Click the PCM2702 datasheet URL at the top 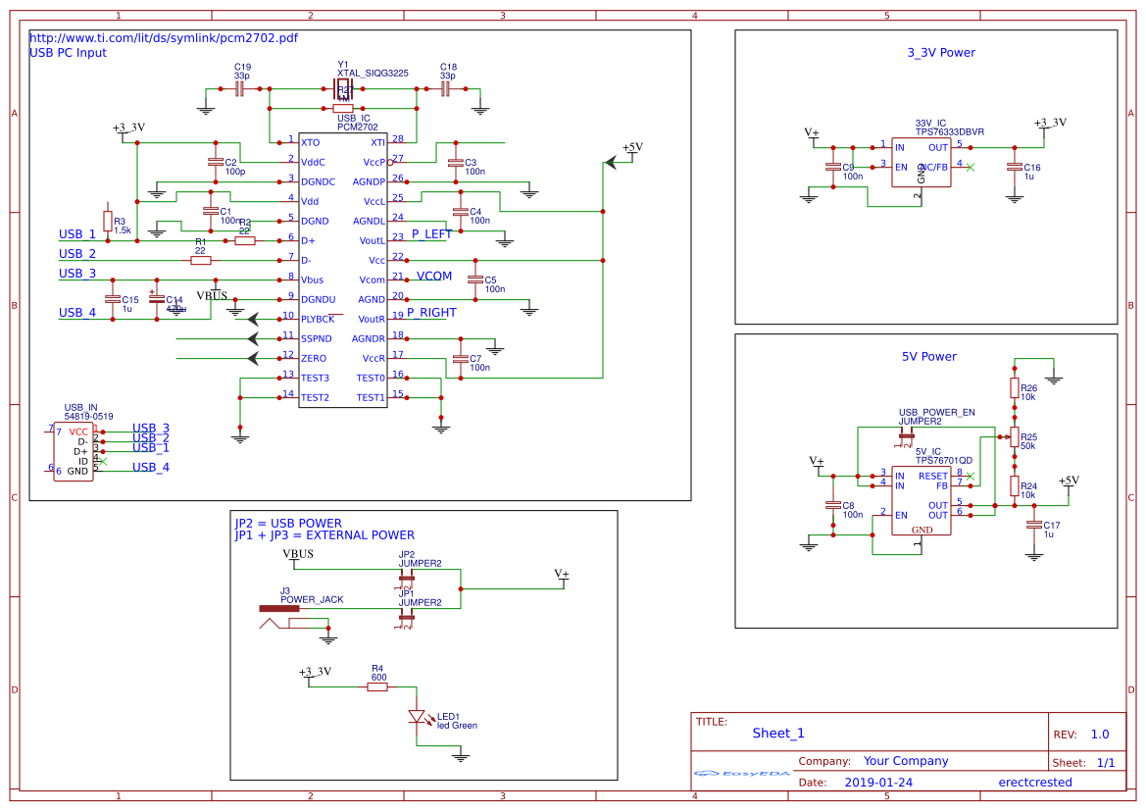point(164,38)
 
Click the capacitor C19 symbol point(239,89)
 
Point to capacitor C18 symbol point(445,89)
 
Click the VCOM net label point(434,277)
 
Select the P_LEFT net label point(431,234)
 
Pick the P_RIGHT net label point(431,314)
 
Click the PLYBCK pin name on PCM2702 point(318,320)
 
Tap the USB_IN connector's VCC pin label point(78,431)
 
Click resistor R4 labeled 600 point(377,687)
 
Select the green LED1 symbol point(418,717)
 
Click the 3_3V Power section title point(941,53)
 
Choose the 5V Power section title point(928,357)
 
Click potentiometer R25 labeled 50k point(1015,438)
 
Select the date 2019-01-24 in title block point(877,783)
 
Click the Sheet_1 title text point(778,734)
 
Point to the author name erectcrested point(1034,783)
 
